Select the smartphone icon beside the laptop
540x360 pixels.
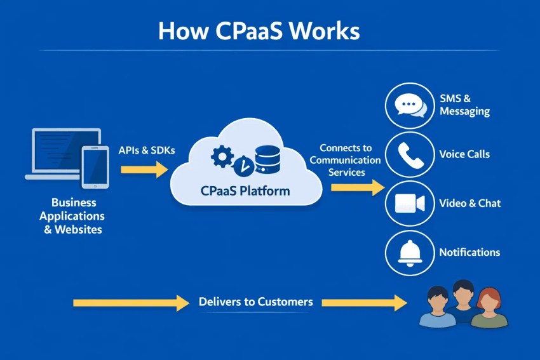point(95,166)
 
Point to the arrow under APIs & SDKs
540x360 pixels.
point(144,170)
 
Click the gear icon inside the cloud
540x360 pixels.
point(222,156)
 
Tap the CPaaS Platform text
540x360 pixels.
point(245,190)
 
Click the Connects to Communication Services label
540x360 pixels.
point(346,160)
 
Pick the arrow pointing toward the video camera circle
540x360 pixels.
point(357,187)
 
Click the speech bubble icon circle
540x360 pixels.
point(410,105)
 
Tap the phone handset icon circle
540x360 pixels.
point(410,154)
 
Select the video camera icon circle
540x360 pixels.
point(410,203)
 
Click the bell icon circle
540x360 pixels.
point(410,252)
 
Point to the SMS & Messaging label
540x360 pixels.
point(464,105)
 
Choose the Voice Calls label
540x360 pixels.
point(464,154)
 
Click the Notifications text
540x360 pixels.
point(469,252)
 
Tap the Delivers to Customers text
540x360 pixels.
point(255,302)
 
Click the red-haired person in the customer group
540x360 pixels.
point(488,307)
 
